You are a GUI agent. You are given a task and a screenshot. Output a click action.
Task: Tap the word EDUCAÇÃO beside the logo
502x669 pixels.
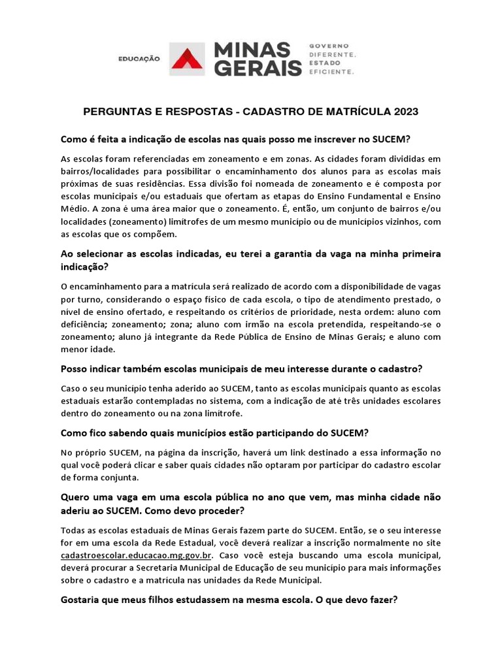pyautogui.click(x=139, y=59)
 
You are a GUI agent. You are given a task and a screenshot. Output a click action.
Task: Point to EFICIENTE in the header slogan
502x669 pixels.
pyautogui.click(x=331, y=73)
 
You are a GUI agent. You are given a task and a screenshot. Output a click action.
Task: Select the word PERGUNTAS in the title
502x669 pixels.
pyautogui.click(x=112, y=112)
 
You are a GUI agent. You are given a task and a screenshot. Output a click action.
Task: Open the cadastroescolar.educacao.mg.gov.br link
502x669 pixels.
pyautogui.click(x=135, y=555)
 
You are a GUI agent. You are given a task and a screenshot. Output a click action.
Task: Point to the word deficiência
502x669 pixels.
pyautogui.click(x=83, y=323)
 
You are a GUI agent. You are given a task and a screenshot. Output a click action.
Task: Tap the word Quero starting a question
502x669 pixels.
pyautogui.click(x=76, y=497)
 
